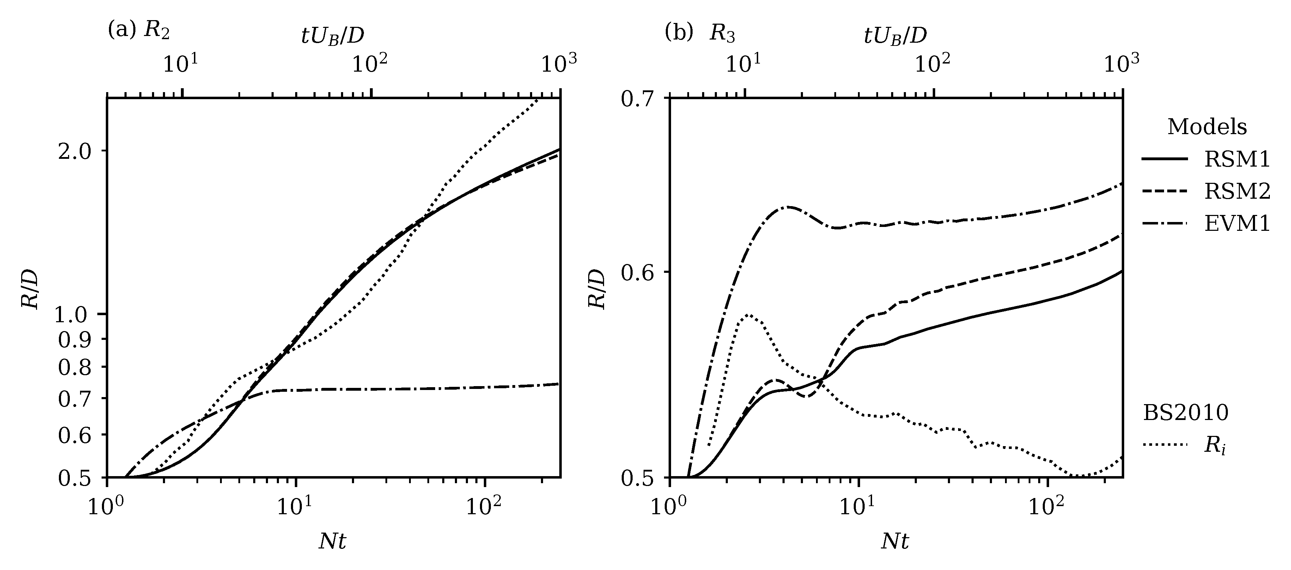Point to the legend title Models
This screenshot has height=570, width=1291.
[x=1207, y=127]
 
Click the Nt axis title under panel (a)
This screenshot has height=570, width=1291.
[x=332, y=541]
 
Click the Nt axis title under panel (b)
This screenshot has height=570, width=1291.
[x=895, y=541]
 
